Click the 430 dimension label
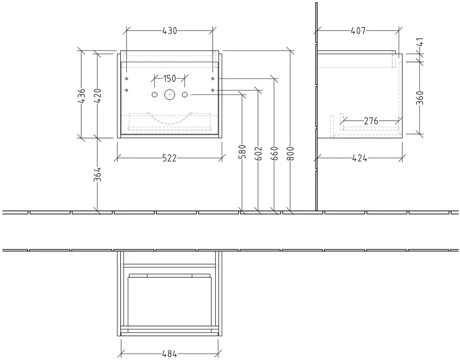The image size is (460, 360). tap(170, 31)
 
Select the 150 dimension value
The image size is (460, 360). tap(170, 79)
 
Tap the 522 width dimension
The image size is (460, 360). tap(169, 158)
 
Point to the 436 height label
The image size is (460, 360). tap(81, 96)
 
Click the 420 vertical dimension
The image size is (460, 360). tap(98, 96)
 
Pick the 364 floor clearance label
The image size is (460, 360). tap(98, 174)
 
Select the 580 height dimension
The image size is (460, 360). tap(242, 152)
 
